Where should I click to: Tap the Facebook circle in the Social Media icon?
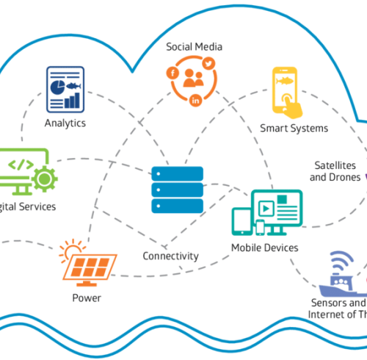[172, 72]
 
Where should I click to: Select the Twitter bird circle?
[208, 65]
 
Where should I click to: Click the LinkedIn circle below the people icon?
[196, 100]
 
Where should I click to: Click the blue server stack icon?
[176, 190]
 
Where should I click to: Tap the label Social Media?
[194, 47]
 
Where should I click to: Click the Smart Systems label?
[294, 129]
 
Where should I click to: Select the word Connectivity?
[170, 256]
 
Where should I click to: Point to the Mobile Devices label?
[264, 248]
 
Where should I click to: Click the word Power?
[87, 298]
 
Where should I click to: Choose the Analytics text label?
[65, 123]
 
